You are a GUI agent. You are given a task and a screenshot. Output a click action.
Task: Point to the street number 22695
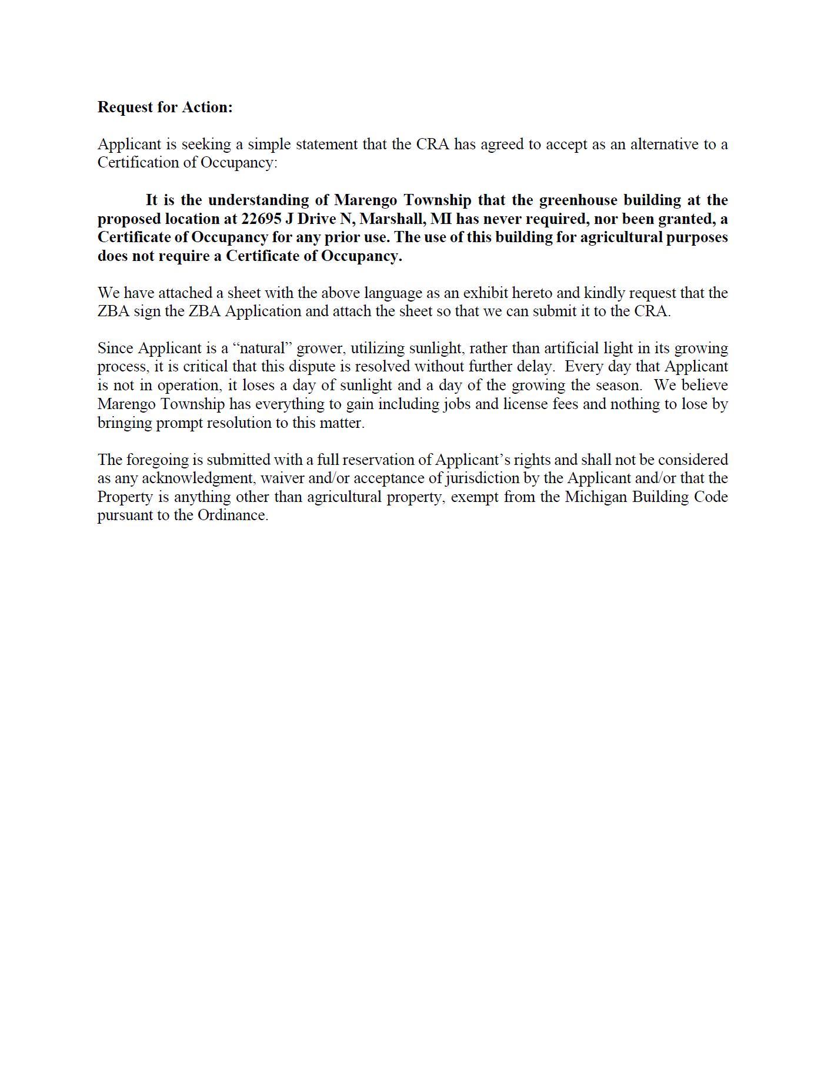click(262, 219)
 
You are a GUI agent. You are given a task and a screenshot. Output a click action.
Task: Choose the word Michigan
click(595, 497)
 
